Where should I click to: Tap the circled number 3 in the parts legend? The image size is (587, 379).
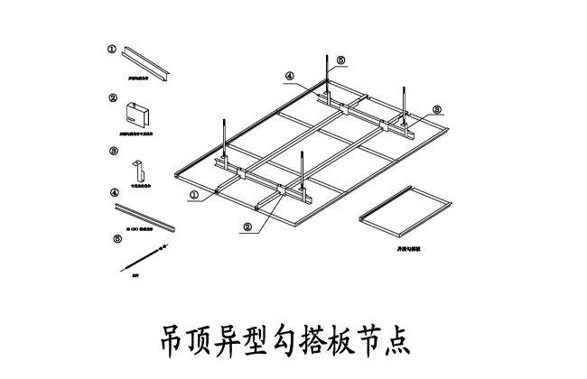click(x=112, y=152)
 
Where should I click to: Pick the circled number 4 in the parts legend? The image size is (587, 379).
click(x=114, y=193)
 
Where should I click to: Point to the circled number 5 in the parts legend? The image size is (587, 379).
click(x=116, y=238)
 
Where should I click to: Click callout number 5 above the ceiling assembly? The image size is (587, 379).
click(x=340, y=60)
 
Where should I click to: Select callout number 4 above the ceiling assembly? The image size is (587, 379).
click(x=290, y=77)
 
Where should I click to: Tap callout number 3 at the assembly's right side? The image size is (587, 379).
click(x=436, y=109)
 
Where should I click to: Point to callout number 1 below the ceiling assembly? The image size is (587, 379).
click(x=194, y=192)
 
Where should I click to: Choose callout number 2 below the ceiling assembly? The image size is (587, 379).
click(x=247, y=226)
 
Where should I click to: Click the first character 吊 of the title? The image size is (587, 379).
click(x=172, y=338)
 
